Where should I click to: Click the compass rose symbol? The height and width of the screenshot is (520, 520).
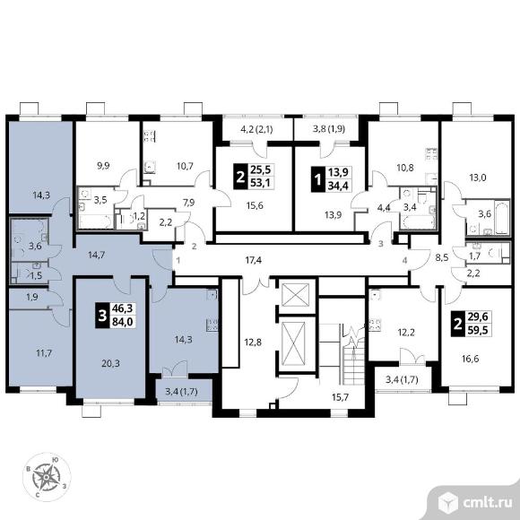47,477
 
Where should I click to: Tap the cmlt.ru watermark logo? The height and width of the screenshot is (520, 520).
475,503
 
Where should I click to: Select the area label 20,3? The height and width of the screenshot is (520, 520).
111,364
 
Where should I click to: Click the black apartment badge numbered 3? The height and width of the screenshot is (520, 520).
102,315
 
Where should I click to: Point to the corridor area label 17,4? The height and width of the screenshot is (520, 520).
254,260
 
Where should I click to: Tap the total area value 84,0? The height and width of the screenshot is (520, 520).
122,322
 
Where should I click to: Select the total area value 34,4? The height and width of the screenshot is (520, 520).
338,186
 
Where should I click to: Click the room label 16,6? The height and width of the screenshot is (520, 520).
471,359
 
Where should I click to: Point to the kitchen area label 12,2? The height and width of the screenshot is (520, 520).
406,332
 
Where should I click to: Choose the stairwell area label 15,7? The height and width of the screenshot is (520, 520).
341,397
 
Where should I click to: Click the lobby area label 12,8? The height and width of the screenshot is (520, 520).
253,342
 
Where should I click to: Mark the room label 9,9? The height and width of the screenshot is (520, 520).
103,165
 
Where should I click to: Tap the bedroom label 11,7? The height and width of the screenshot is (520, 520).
44,353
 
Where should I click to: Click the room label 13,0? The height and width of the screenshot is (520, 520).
478,178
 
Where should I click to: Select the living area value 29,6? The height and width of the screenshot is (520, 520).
478,316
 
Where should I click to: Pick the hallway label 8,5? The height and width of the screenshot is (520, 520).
442,257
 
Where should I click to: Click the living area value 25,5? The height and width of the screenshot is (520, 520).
261,169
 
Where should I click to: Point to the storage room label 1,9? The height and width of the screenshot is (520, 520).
32,297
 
